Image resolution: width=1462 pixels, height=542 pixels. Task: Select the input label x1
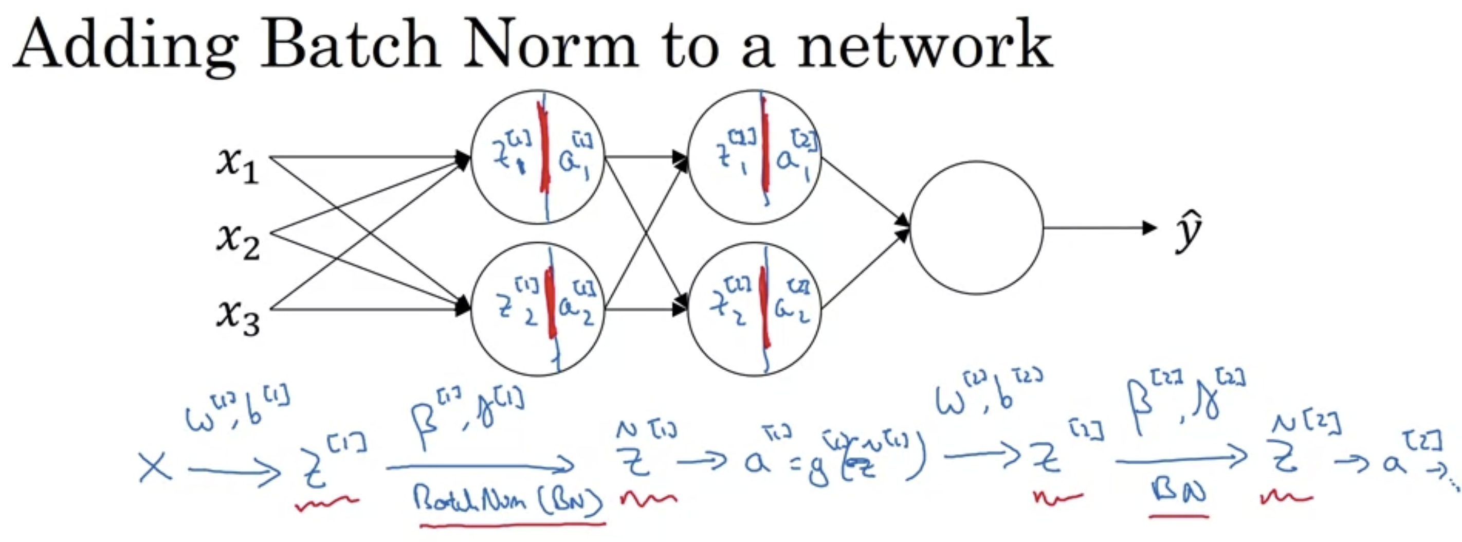tap(237, 165)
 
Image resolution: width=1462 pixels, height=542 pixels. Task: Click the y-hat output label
tap(1187, 230)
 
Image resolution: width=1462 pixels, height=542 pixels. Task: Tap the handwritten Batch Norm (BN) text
tap(508, 500)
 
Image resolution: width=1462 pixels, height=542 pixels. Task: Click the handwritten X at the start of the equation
tap(155, 468)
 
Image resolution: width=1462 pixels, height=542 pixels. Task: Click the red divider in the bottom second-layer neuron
tap(764, 306)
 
